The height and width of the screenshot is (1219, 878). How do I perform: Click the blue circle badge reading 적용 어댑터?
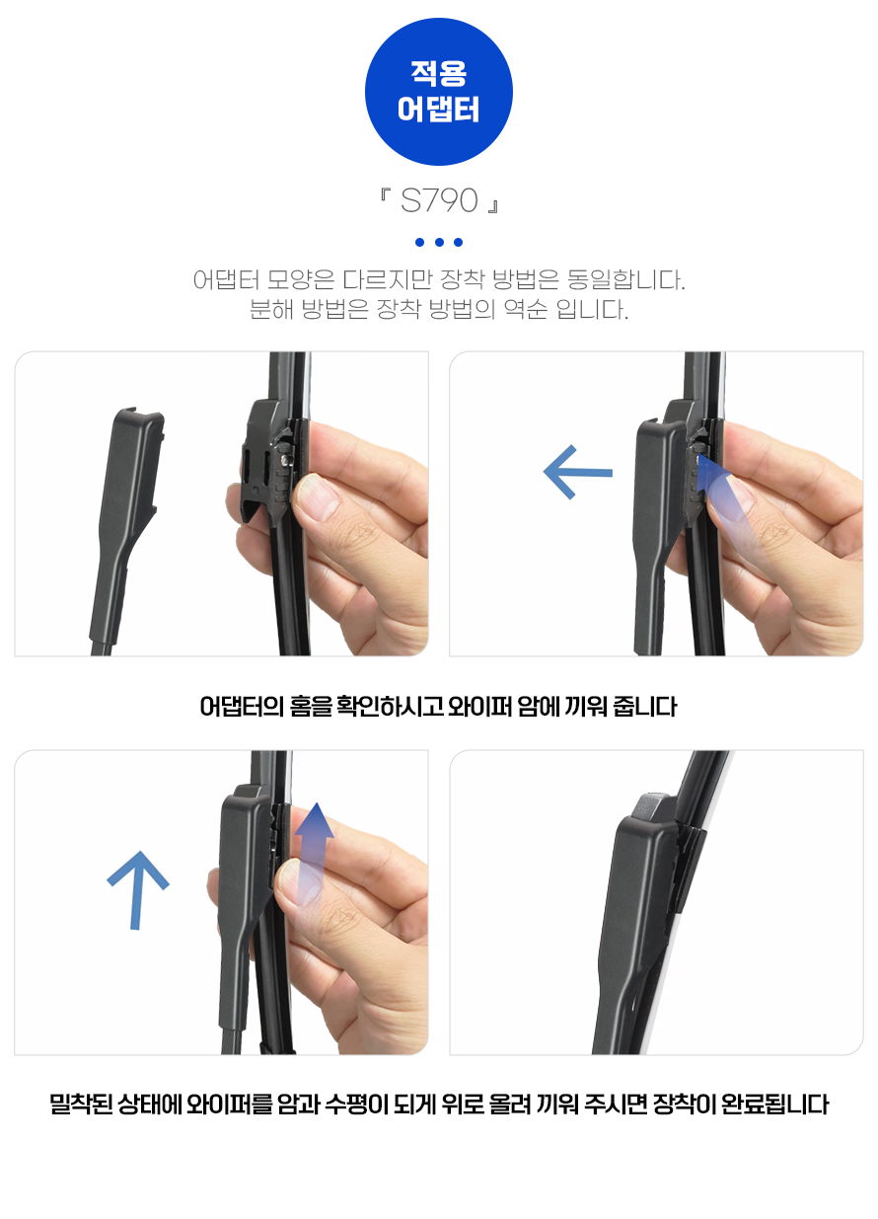438,92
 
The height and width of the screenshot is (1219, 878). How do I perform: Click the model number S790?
439,200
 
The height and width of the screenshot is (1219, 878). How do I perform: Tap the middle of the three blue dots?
439,242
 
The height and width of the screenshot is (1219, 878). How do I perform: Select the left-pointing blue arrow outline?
578,472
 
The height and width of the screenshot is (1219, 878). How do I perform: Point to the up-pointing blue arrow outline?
138,889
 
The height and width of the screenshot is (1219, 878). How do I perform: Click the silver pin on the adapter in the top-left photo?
285,460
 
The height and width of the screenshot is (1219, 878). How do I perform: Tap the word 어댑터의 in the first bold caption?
242,707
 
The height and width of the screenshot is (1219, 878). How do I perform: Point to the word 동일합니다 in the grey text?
625,280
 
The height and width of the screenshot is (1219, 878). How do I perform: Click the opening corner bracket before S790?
385,194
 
